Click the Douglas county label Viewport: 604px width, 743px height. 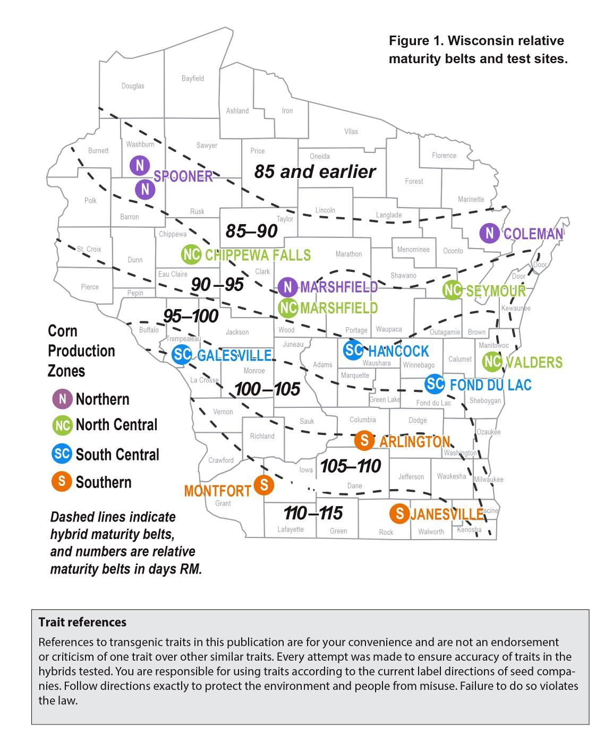pyautogui.click(x=132, y=86)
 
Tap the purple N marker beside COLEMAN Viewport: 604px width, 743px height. pyautogui.click(x=489, y=233)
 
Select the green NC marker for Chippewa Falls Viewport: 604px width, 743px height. pyautogui.click(x=191, y=255)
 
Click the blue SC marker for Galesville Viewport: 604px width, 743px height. pyautogui.click(x=182, y=354)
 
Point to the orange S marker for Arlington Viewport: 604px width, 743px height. pyautogui.click(x=364, y=440)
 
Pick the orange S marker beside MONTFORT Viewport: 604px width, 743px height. pyautogui.click(x=263, y=484)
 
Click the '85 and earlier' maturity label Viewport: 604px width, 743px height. pyautogui.click(x=314, y=172)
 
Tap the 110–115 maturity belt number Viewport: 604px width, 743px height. pyautogui.click(x=313, y=513)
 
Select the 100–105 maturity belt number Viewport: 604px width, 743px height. pyautogui.click(x=267, y=389)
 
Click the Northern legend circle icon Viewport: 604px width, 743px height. pyautogui.click(x=62, y=399)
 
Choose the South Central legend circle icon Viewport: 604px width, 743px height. pyautogui.click(x=62, y=454)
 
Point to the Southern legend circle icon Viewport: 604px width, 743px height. pyautogui.click(x=62, y=482)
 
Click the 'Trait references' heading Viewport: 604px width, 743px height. pyautogui.click(x=82, y=622)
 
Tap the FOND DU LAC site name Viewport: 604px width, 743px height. pyautogui.click(x=490, y=385)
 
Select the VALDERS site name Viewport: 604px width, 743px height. pyautogui.click(x=534, y=362)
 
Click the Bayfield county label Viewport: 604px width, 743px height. pyautogui.click(x=192, y=79)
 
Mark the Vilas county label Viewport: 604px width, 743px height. pyautogui.click(x=351, y=132)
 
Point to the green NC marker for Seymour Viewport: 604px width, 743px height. pyautogui.click(x=452, y=290)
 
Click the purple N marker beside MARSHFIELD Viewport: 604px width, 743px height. pyautogui.click(x=287, y=287)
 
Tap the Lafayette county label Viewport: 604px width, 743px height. pyautogui.click(x=291, y=530)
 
